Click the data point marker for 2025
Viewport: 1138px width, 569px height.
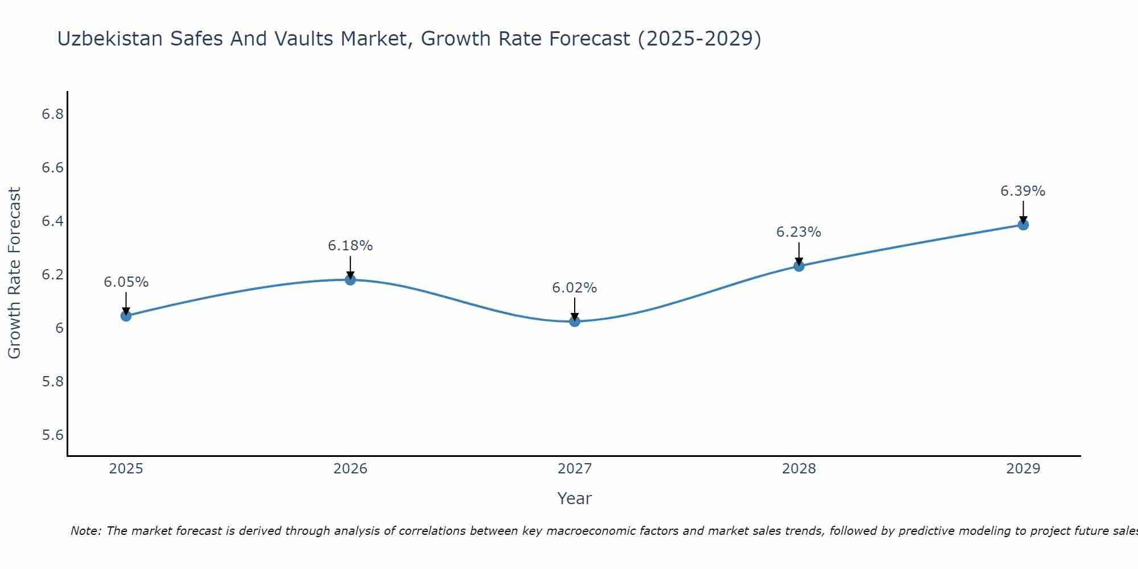pyautogui.click(x=126, y=316)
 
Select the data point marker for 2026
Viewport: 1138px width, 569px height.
pyautogui.click(x=350, y=279)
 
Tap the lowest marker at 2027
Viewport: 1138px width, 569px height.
pyautogui.click(x=574, y=321)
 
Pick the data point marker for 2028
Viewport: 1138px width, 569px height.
pyautogui.click(x=798, y=266)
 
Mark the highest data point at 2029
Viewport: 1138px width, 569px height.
pyautogui.click(x=1022, y=225)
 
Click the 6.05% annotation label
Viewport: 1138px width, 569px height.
pyautogui.click(x=126, y=282)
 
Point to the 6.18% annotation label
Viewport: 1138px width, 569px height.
pyautogui.click(x=350, y=246)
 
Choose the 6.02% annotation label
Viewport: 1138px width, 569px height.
pyautogui.click(x=574, y=288)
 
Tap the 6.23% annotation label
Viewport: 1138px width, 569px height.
pyautogui.click(x=798, y=232)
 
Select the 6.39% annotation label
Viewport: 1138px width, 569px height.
pyautogui.click(x=1022, y=191)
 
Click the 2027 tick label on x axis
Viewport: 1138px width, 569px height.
pyautogui.click(x=574, y=469)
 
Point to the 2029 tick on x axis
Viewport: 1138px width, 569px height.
pyautogui.click(x=1022, y=469)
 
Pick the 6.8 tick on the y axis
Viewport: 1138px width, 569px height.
pyautogui.click(x=52, y=114)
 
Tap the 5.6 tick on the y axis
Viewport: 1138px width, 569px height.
pyautogui.click(x=52, y=435)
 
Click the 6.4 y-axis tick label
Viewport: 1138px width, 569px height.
pyautogui.click(x=52, y=221)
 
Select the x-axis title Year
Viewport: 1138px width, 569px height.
pyautogui.click(x=574, y=498)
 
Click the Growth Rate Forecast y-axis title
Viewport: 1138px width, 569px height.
pyautogui.click(x=14, y=273)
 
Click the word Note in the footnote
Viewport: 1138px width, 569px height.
pyautogui.click(x=85, y=531)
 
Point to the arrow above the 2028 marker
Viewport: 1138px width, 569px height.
pyautogui.click(x=798, y=253)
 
